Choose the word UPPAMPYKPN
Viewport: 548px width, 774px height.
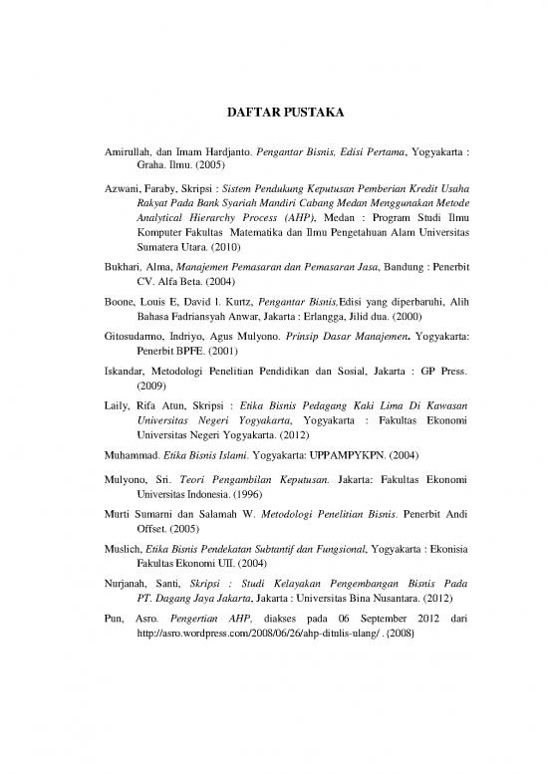click(349, 455)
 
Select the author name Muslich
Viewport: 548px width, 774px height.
click(125, 552)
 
